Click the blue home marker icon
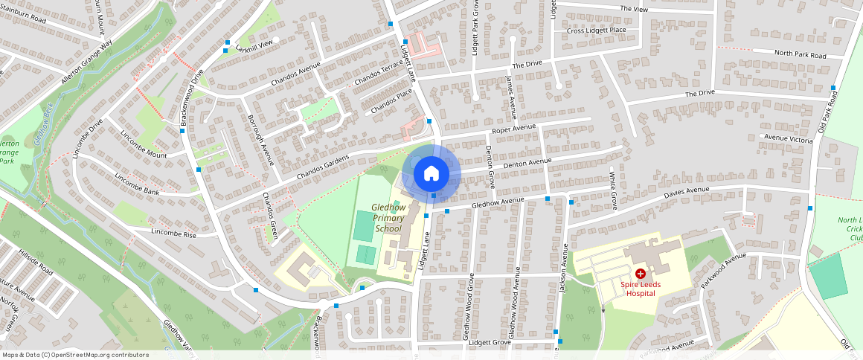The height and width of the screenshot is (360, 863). coord(431,174)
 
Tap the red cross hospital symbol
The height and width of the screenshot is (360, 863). coord(640,274)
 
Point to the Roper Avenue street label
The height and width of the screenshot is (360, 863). coord(513,129)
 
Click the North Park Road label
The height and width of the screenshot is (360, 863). coord(800,55)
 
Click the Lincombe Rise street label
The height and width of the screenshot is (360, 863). coord(173,234)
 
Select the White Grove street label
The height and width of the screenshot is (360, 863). coord(614,190)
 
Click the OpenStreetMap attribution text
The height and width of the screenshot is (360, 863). coord(75,355)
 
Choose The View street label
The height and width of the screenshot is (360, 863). coord(635,9)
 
